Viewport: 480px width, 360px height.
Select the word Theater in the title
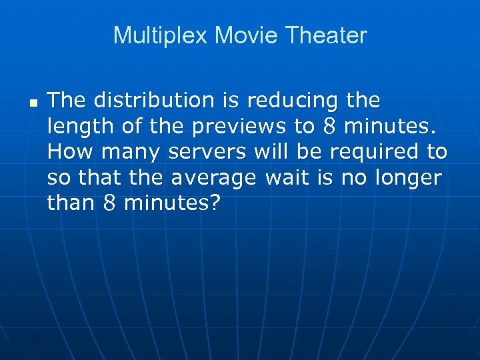coord(326,35)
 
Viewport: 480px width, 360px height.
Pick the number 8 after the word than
coord(110,203)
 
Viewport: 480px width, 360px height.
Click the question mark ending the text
coord(213,203)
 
